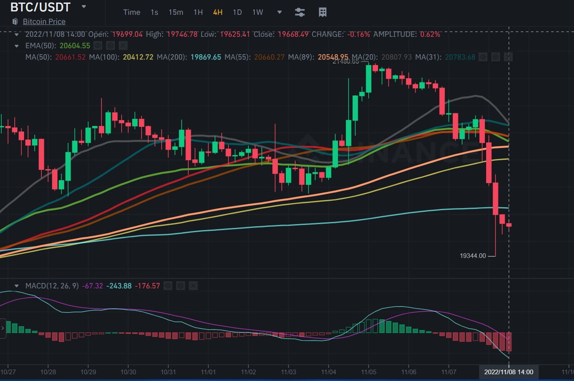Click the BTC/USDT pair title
pos(40,7)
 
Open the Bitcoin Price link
pos(44,22)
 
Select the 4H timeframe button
pos(218,12)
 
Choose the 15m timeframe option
pos(176,12)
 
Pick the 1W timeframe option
pos(258,12)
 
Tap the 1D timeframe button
pos(237,12)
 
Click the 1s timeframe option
pos(154,12)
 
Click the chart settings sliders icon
pos(299,12)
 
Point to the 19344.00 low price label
pos(473,256)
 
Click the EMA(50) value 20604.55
pos(75,46)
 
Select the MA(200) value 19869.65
pos(206,57)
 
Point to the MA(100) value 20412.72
pos(138,57)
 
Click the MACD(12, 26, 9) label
pos(52,286)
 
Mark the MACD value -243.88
pos(119,286)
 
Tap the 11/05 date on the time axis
pos(369,372)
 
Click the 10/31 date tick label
pos(168,372)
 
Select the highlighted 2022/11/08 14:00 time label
pos(509,372)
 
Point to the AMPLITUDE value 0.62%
pos(430,34)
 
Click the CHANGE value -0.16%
pos(359,34)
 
